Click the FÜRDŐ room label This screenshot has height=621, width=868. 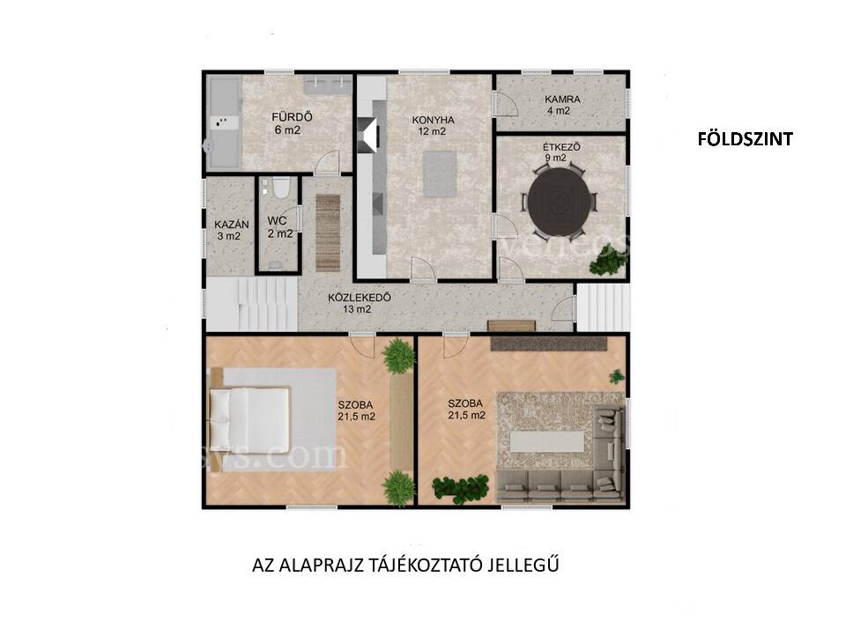[292, 117]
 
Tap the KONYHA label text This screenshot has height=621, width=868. [433, 120]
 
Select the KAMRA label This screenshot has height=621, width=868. [562, 100]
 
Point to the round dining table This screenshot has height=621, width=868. [559, 203]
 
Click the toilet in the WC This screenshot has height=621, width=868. [280, 188]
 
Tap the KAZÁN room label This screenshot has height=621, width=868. [232, 225]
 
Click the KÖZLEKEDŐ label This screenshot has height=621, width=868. [360, 298]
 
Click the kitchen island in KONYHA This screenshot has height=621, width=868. [440, 174]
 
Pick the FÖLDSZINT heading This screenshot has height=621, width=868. [746, 139]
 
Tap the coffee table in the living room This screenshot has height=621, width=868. [547, 441]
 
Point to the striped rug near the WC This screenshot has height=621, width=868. [328, 233]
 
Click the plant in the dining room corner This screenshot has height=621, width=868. [606, 262]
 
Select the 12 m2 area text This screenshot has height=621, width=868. [433, 132]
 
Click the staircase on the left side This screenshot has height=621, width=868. [252, 304]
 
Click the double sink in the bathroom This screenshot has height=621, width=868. [327, 85]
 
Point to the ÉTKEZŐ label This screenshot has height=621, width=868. [561, 147]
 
